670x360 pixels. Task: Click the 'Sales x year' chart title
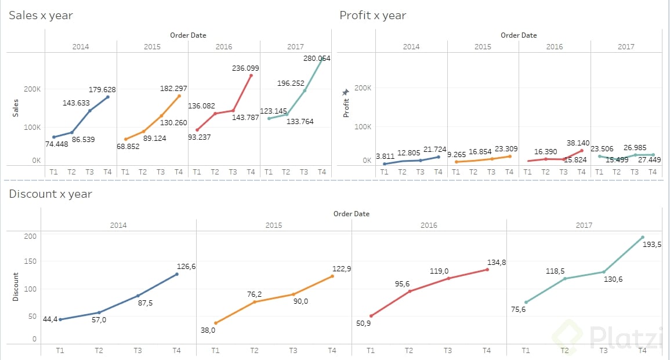(41, 16)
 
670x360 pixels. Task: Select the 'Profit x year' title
(372, 16)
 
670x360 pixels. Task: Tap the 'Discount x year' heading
(50, 194)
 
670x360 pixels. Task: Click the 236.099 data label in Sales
(245, 68)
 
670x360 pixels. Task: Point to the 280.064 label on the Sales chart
(317, 58)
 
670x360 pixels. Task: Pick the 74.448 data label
(56, 144)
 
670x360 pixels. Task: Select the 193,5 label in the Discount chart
(652, 244)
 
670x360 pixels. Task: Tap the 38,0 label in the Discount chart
(207, 330)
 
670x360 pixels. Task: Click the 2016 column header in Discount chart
(429, 225)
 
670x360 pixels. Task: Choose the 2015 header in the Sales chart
(152, 46)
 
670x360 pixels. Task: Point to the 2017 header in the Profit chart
(626, 46)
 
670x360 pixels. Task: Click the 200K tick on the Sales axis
(32, 89)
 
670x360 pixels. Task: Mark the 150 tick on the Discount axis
(30, 261)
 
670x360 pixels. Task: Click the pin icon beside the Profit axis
(346, 92)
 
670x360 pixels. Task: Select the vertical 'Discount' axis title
(16, 286)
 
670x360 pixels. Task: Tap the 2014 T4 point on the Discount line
(177, 274)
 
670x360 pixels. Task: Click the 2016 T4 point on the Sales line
(251, 75)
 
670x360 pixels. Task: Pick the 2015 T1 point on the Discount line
(215, 323)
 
